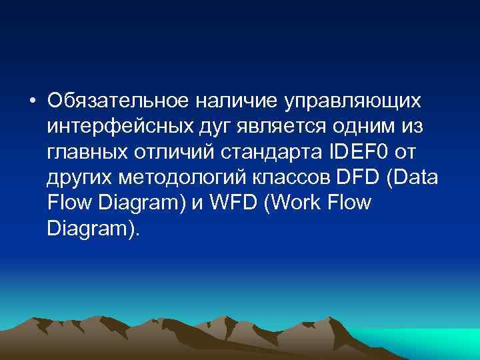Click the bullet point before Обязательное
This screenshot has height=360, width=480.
pyautogui.click(x=32, y=101)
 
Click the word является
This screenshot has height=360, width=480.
pyautogui.click(x=275, y=127)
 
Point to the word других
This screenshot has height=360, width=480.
pyautogui.click(x=81, y=178)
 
